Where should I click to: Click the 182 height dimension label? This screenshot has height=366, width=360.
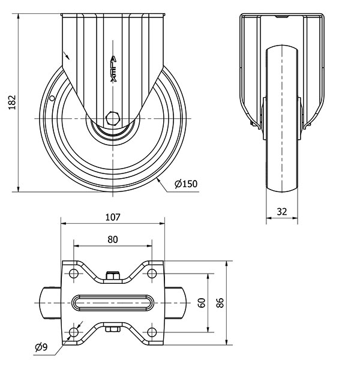pos(12,102)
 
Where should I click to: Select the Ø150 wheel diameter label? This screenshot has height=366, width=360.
pos(186,184)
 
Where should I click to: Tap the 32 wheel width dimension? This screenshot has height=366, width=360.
pos(282,211)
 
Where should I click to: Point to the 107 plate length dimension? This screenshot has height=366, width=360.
pos(113,217)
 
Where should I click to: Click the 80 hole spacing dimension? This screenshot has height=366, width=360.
pos(113,239)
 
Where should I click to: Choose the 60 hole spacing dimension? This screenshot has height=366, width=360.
pos(202,303)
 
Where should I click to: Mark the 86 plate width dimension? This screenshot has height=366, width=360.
pos(220,303)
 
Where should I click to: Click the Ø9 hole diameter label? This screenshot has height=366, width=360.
pos(41,347)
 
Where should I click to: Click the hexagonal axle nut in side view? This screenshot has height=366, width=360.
pos(113,119)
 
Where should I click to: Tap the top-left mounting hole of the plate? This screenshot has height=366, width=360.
pos(74,274)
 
